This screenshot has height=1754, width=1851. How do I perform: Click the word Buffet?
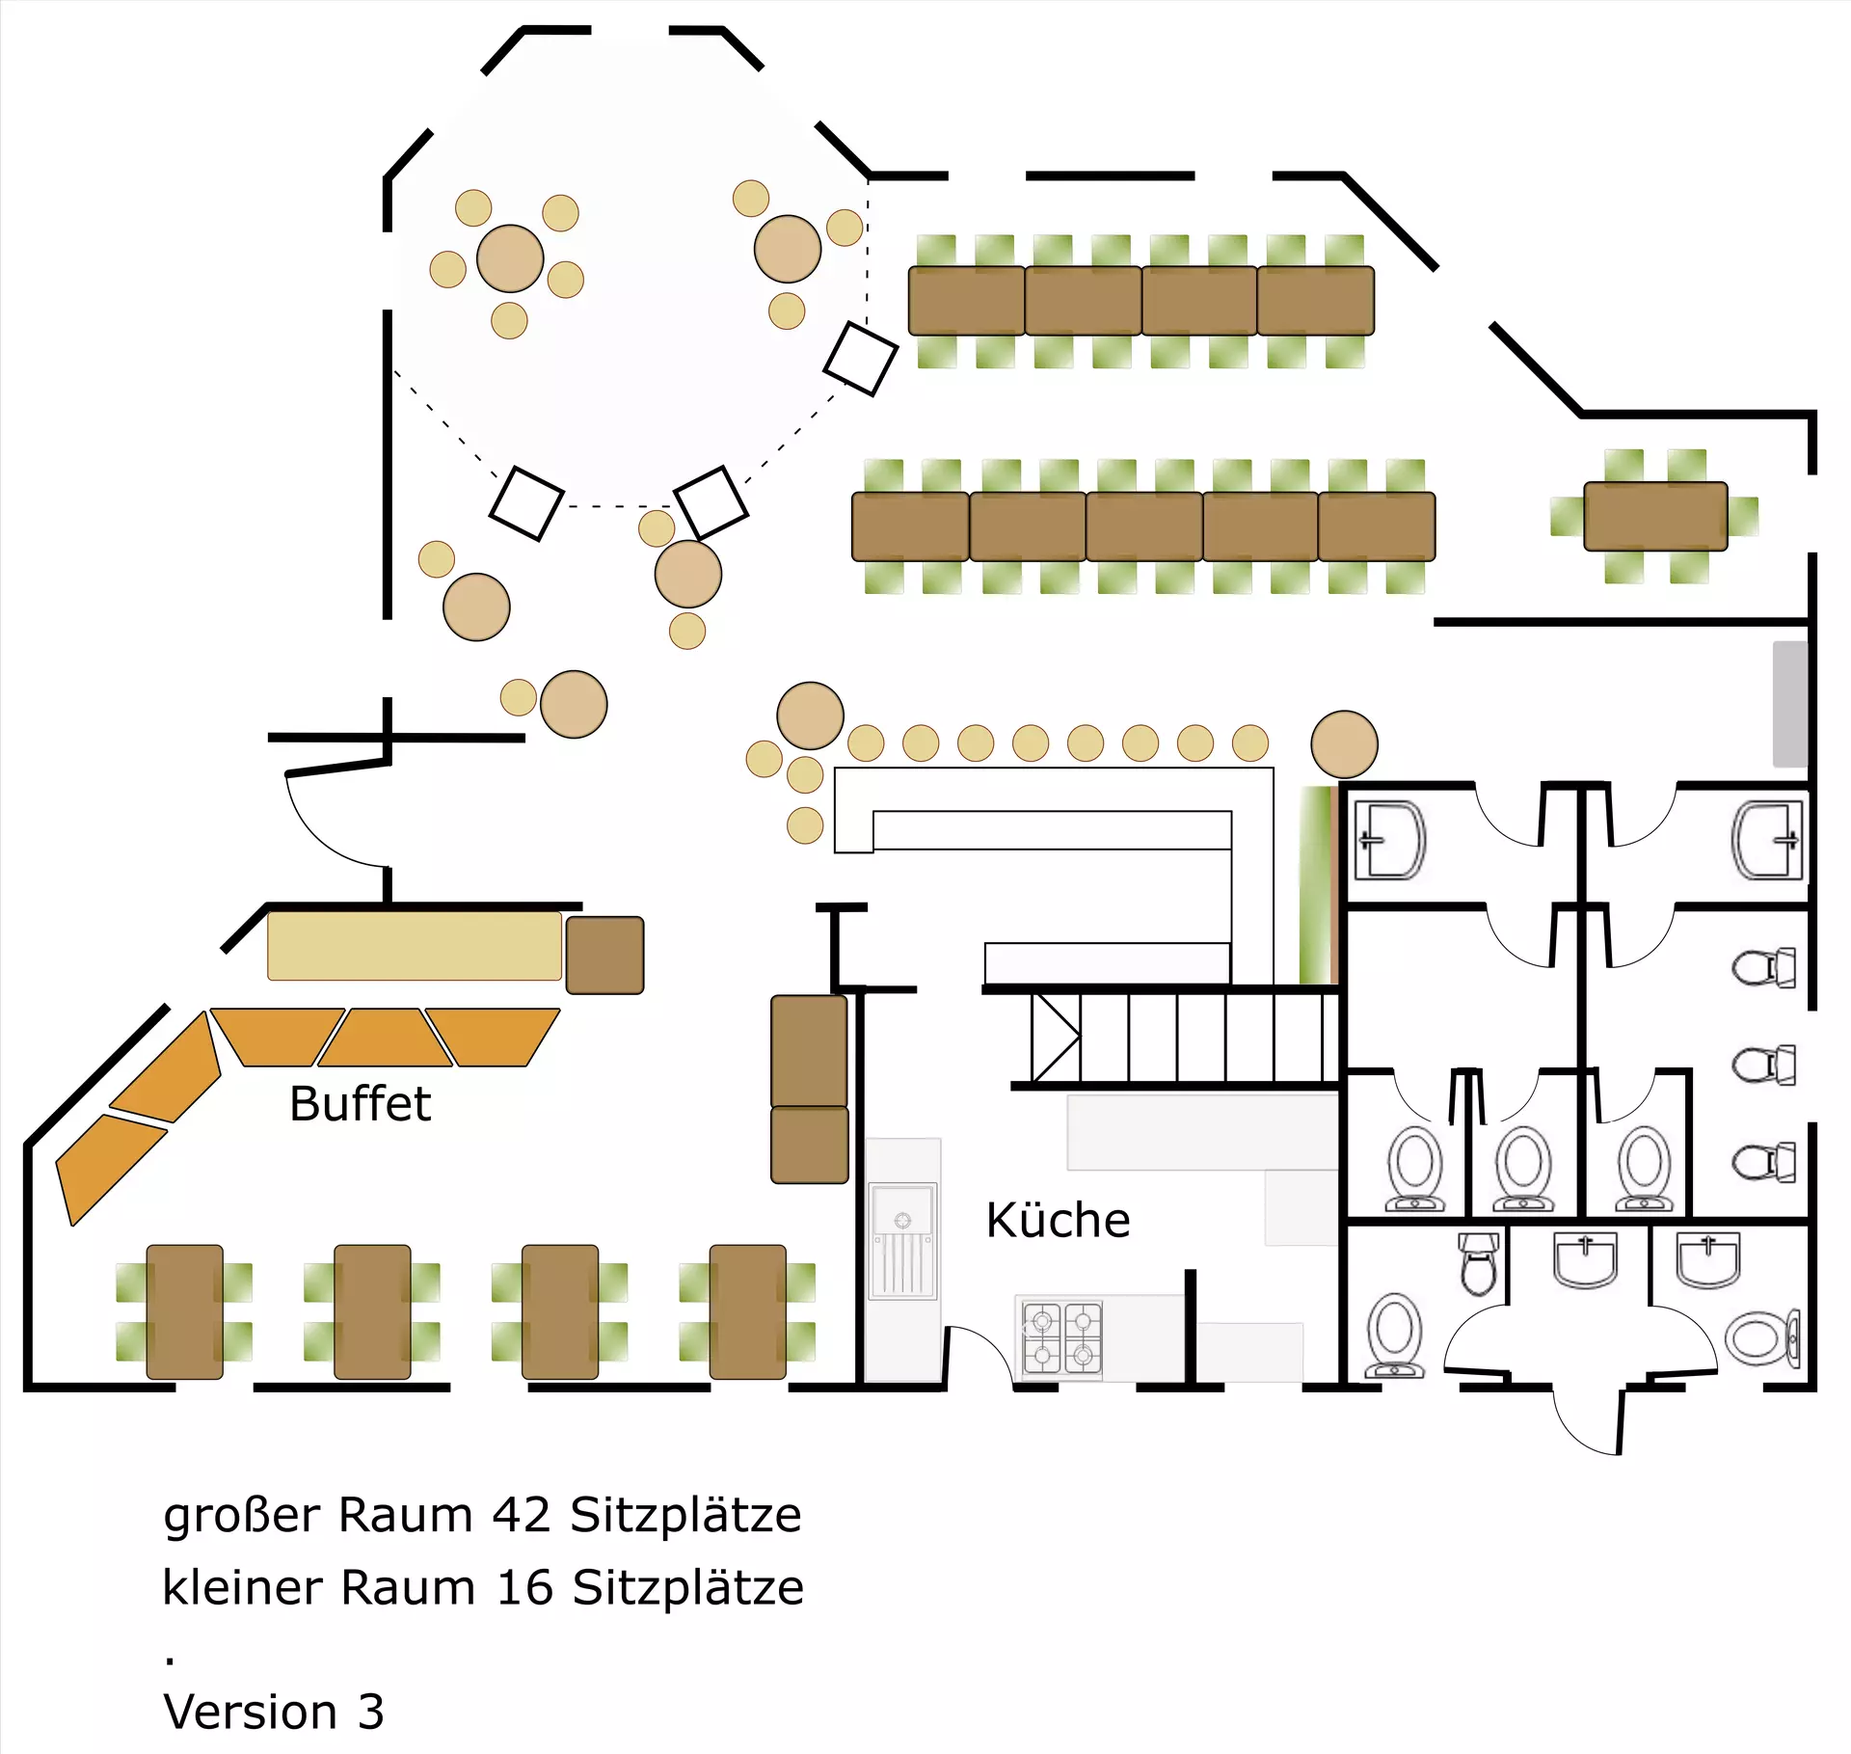point(360,1103)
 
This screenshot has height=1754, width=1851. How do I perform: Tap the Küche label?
point(1058,1220)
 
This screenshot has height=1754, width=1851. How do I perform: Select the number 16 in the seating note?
point(524,1588)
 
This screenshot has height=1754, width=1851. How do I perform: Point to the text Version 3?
point(274,1712)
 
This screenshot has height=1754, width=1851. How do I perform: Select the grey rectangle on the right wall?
point(1790,704)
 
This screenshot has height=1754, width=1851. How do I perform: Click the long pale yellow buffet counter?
point(414,946)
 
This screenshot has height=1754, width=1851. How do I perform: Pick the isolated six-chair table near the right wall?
point(1655,517)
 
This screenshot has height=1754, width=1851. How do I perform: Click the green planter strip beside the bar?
point(1315,884)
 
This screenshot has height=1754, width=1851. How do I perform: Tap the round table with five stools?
point(510,258)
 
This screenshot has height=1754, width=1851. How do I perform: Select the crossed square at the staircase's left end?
point(1055,1038)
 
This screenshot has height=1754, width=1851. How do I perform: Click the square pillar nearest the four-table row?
point(861,359)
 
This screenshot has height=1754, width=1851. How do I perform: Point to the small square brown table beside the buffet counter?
point(604,955)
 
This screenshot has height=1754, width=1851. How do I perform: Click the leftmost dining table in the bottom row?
point(184,1311)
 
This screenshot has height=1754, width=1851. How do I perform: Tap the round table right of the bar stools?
point(1344,743)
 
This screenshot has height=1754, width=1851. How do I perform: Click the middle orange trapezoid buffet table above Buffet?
point(385,1038)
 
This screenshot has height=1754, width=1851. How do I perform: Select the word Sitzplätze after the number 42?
point(685,1515)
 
